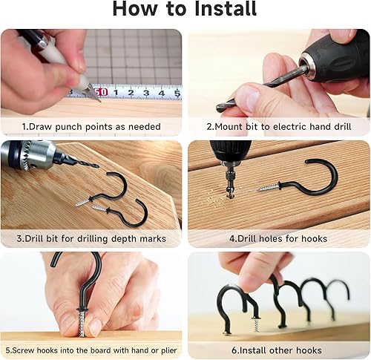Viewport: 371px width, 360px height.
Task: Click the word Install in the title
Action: tap(226, 9)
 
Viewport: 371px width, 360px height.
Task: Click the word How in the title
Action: tap(135, 9)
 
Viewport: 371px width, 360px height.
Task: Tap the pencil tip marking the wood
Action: tap(99, 100)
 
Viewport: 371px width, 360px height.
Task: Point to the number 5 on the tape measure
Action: tap(177, 94)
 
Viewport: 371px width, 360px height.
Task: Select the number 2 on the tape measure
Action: tap(131, 93)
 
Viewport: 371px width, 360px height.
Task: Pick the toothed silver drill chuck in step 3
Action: tap(27, 156)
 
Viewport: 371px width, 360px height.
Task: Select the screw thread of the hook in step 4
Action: tap(269, 188)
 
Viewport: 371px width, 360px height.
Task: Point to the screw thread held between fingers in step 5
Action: tap(82, 324)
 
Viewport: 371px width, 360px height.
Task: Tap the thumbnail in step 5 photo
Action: tap(94, 327)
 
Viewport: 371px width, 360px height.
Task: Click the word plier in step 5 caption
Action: tap(168, 350)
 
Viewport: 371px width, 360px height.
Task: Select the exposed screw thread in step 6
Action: tap(256, 326)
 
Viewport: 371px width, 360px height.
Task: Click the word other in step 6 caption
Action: tap(281, 350)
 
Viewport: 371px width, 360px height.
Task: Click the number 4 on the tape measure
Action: tap(162, 93)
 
